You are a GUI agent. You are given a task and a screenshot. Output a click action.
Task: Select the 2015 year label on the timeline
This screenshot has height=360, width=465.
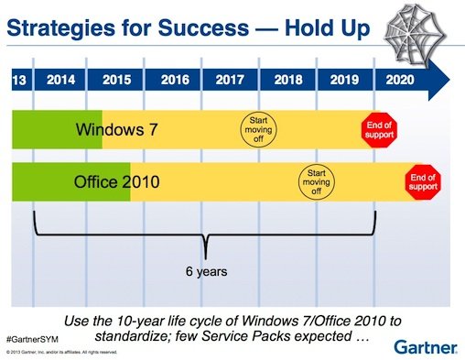(x=114, y=80)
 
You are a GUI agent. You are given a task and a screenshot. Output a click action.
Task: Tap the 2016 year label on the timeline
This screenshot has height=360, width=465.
(x=173, y=80)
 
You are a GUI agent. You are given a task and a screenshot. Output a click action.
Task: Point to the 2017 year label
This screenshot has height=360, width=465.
(x=230, y=80)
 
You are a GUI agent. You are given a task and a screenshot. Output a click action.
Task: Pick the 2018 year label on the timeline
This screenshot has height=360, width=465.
(x=288, y=80)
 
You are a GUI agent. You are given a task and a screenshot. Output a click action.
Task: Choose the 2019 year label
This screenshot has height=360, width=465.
(x=345, y=80)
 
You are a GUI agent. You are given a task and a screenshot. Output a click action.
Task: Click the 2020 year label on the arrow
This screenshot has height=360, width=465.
(x=400, y=80)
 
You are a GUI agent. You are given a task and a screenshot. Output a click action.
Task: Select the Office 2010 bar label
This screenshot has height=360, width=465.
(x=116, y=182)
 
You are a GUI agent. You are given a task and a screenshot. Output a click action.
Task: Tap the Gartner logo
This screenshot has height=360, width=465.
(x=423, y=344)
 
